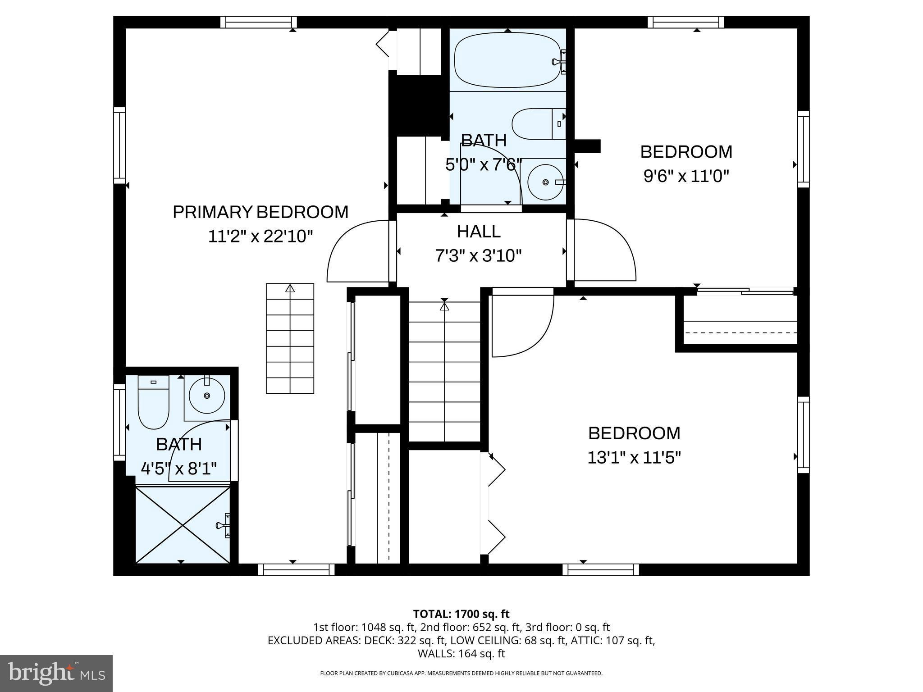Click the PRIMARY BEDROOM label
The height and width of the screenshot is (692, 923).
(x=260, y=212)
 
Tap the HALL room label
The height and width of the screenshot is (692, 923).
(x=479, y=232)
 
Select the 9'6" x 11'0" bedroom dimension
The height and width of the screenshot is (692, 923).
(x=686, y=176)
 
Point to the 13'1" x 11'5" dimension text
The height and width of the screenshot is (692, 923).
(x=634, y=458)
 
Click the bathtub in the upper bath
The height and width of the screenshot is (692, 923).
(x=510, y=62)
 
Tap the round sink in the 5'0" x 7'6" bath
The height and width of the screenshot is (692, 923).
(x=546, y=182)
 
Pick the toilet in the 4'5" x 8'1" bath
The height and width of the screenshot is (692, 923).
(x=153, y=402)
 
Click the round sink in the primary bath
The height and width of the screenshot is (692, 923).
(x=207, y=396)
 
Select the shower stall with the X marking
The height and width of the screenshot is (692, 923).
(x=183, y=524)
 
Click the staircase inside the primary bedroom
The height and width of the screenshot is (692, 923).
(x=290, y=338)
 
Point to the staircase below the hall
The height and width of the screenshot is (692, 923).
(x=444, y=372)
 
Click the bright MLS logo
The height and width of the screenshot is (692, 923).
(x=56, y=674)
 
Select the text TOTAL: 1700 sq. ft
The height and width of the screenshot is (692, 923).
(x=461, y=614)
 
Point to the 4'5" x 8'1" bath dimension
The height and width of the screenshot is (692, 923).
(x=179, y=469)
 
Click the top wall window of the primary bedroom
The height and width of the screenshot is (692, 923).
(x=259, y=22)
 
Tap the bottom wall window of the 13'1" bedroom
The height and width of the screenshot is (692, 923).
(x=601, y=570)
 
